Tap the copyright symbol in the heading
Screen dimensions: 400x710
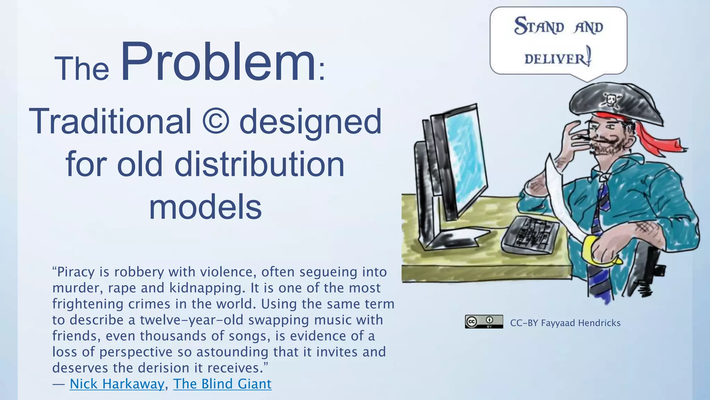(x=215, y=121)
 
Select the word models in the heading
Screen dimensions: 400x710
(x=205, y=207)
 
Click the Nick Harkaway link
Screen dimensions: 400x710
(x=117, y=384)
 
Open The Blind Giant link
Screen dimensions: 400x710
(x=222, y=384)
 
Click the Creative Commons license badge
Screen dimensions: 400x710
(x=484, y=322)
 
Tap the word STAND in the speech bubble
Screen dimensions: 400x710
(x=539, y=26)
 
